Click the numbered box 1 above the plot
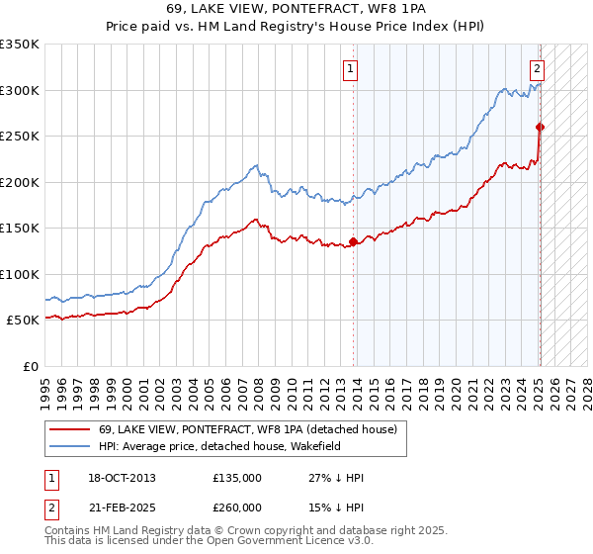(351, 69)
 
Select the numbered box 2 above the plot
(536, 69)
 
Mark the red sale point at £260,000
(541, 127)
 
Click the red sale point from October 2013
(354, 242)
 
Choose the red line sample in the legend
(70, 429)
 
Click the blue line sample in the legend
(70, 446)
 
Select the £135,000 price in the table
(237, 478)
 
